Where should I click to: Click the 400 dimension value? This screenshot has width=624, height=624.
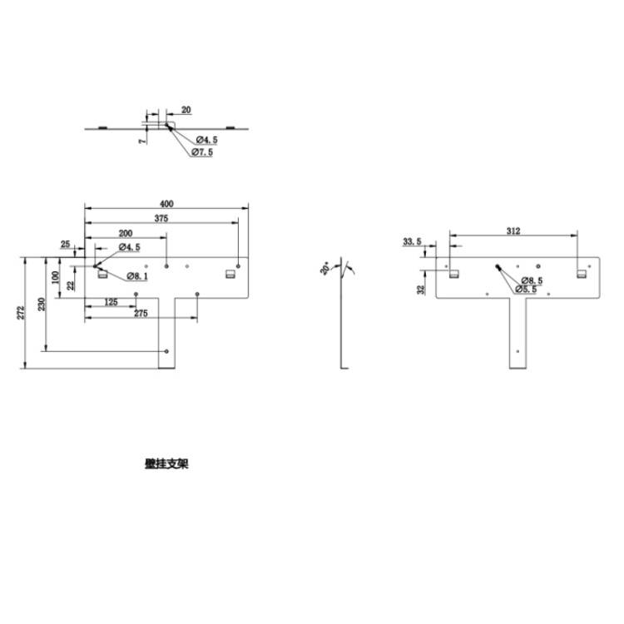coord(166,204)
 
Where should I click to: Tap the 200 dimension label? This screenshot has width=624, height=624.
coord(126,233)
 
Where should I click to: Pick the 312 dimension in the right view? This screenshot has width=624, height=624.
coord(513,232)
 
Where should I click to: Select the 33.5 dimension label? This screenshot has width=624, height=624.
coord(412,241)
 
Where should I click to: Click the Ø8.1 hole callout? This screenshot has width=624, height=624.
coord(138,276)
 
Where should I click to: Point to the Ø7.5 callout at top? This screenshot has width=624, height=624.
coord(202,152)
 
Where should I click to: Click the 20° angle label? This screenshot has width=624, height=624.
coord(325,269)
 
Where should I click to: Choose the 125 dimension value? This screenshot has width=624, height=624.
coord(111,302)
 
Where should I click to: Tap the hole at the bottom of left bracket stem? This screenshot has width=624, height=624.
coord(167,351)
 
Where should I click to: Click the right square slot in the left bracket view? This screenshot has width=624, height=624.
coord(230,274)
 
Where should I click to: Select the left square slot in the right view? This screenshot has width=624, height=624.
coord(453,273)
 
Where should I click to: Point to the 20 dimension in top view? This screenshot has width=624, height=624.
coord(186,110)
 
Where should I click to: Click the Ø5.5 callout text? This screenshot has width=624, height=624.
coord(526,290)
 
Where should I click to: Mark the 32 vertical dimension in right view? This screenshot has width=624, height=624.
coord(422,289)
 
